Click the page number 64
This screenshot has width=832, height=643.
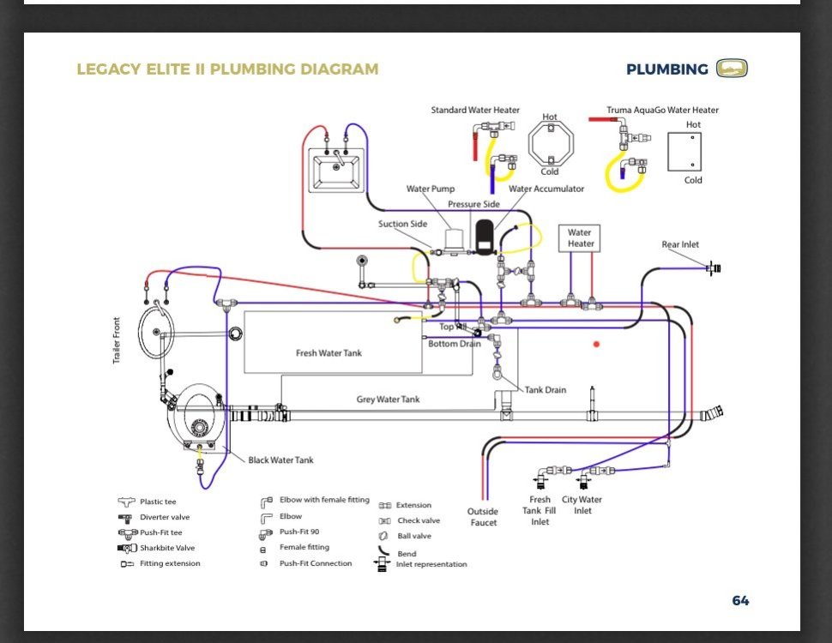click(x=740, y=601)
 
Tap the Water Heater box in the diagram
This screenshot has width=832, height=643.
click(x=579, y=237)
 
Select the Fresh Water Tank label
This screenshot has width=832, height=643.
click(x=330, y=353)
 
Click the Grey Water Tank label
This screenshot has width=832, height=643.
click(x=388, y=400)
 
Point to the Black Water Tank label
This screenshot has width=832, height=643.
click(x=280, y=460)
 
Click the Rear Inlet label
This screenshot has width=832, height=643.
click(x=680, y=244)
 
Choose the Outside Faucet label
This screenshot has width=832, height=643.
click(x=483, y=517)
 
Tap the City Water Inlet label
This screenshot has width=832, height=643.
click(x=582, y=505)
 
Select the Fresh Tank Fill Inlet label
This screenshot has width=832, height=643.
click(x=540, y=510)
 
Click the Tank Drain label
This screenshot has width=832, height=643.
click(x=546, y=390)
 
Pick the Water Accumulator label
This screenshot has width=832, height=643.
click(x=546, y=189)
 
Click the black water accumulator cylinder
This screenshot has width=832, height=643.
click(x=485, y=237)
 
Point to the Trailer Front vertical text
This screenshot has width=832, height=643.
click(x=117, y=340)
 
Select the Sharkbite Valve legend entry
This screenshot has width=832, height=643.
click(x=167, y=548)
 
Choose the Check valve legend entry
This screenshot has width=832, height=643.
click(x=418, y=520)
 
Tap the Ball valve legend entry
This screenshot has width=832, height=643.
click(x=413, y=536)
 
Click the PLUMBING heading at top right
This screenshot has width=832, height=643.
click(x=666, y=69)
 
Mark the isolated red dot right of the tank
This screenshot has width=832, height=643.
click(x=596, y=344)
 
